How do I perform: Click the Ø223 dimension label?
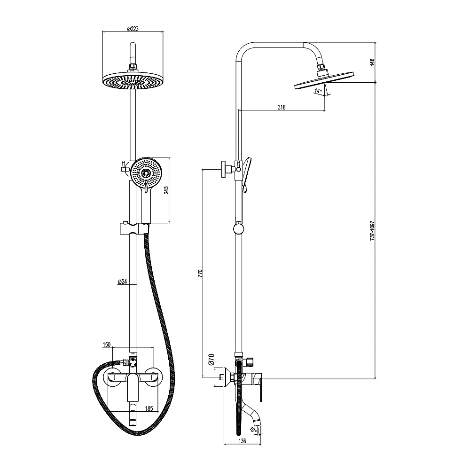click(133, 29)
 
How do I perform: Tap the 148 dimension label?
click(372, 62)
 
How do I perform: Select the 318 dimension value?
click(282, 107)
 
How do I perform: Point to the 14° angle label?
click(318, 90)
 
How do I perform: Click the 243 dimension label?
click(166, 190)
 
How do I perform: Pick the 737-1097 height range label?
click(372, 231)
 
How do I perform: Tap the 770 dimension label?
click(200, 273)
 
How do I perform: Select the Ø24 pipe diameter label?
click(123, 282)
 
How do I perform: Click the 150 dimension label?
click(106, 345)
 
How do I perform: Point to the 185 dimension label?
click(149, 408)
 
